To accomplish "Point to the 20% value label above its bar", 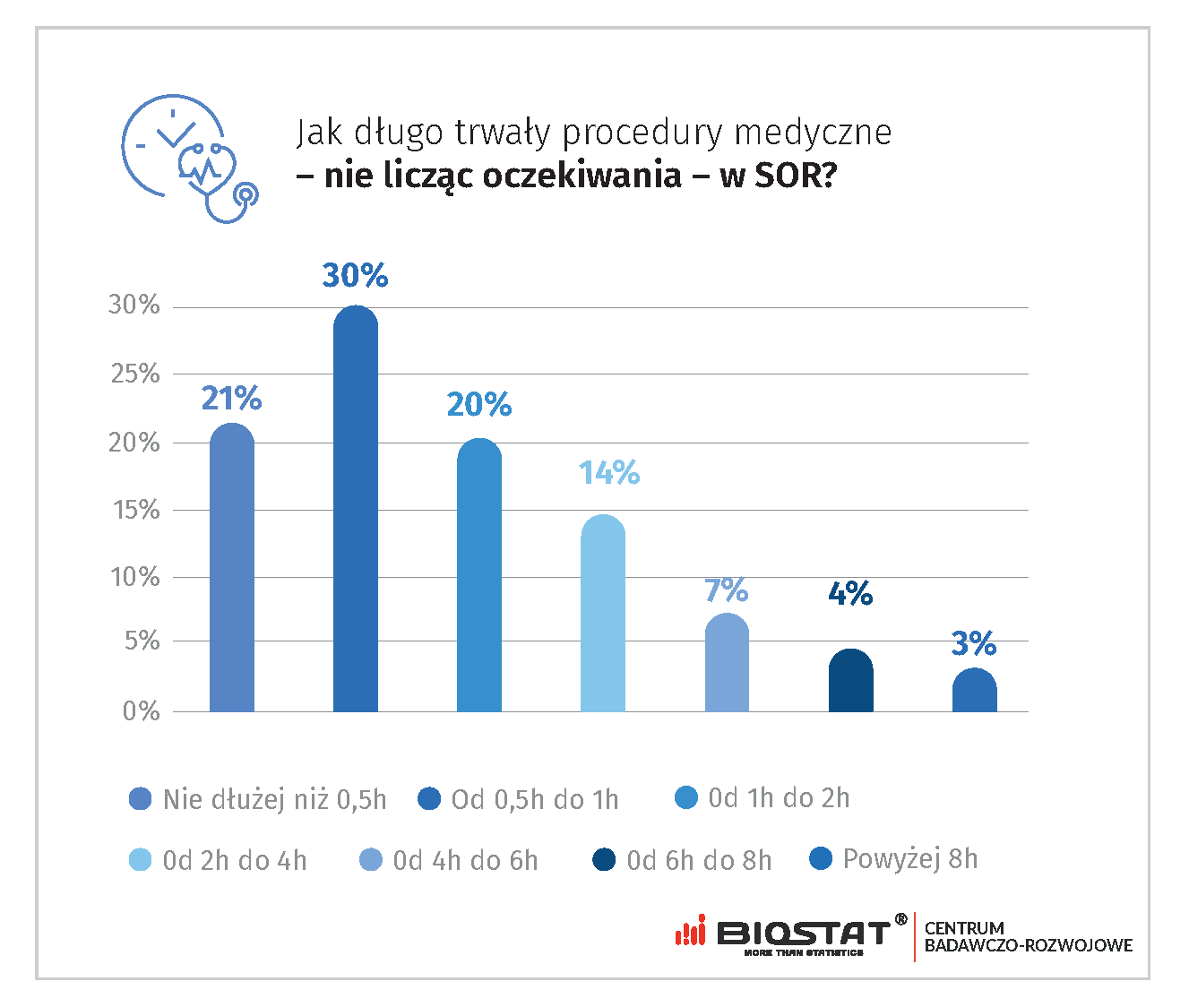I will (479, 405).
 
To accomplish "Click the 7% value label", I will (726, 590).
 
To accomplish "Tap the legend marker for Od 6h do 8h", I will (605, 861).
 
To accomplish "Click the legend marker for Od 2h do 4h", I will (141, 861).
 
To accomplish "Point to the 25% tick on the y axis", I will (134, 374).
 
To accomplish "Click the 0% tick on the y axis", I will (141, 711).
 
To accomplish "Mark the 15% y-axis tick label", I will (134, 510).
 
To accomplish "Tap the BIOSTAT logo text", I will (803, 934).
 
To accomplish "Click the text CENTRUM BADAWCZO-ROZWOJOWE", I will (1028, 937).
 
